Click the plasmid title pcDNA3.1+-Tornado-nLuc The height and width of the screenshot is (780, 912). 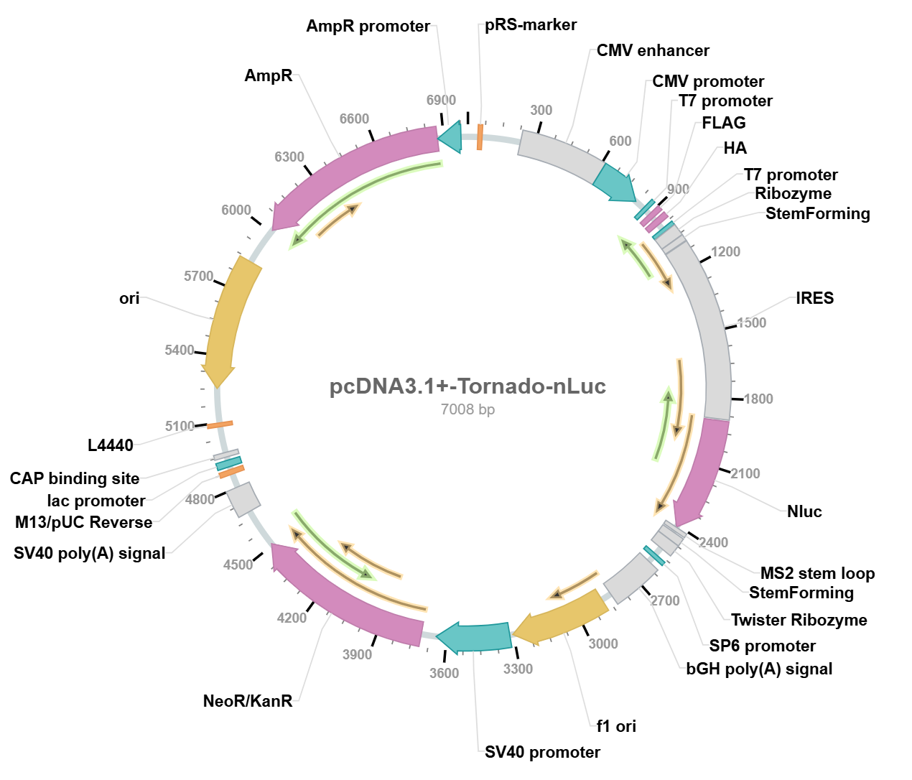coord(467,386)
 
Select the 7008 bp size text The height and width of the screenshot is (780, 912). coord(467,409)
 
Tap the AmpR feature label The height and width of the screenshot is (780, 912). coord(268,75)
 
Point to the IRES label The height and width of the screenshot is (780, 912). coord(814,298)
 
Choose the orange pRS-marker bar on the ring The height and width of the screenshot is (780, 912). coord(480,136)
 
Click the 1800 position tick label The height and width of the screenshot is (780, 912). coord(758,399)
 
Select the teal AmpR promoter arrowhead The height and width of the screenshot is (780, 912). coord(450,136)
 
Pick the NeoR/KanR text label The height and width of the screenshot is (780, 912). coord(248,701)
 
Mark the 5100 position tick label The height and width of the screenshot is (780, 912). coord(180,426)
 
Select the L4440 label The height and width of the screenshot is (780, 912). coord(111,445)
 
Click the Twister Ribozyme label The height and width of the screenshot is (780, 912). coord(799,620)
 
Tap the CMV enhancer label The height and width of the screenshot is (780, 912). coord(653,50)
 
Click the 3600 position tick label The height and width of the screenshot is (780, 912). coord(444,673)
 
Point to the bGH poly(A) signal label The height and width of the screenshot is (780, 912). coord(759,669)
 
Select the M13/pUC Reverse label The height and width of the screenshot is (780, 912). coord(84,522)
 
